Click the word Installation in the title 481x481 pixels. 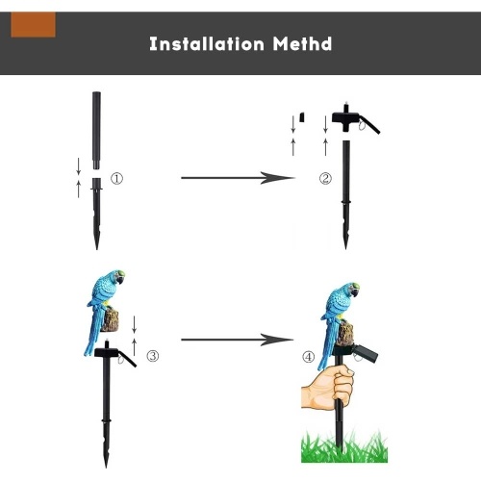click(x=207, y=43)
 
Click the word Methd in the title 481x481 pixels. click(x=302, y=43)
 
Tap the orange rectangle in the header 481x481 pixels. click(x=33, y=25)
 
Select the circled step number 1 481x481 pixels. click(x=116, y=179)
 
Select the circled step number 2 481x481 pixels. click(x=325, y=179)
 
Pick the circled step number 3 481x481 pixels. click(x=153, y=356)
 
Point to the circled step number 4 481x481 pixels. click(x=309, y=357)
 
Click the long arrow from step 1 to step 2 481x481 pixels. click(x=238, y=178)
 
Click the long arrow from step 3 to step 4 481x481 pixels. click(x=238, y=340)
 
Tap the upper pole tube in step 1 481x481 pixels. click(x=96, y=131)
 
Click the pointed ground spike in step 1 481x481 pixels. click(x=96, y=214)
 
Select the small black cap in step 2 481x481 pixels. click(x=302, y=117)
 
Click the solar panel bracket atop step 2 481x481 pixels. click(x=355, y=119)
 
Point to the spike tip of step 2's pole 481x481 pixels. click(x=345, y=248)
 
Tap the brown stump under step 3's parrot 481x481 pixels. click(x=111, y=319)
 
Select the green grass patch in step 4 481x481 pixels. click(x=344, y=446)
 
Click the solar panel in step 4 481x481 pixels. click(x=366, y=354)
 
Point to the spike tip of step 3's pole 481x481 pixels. click(x=106, y=467)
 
